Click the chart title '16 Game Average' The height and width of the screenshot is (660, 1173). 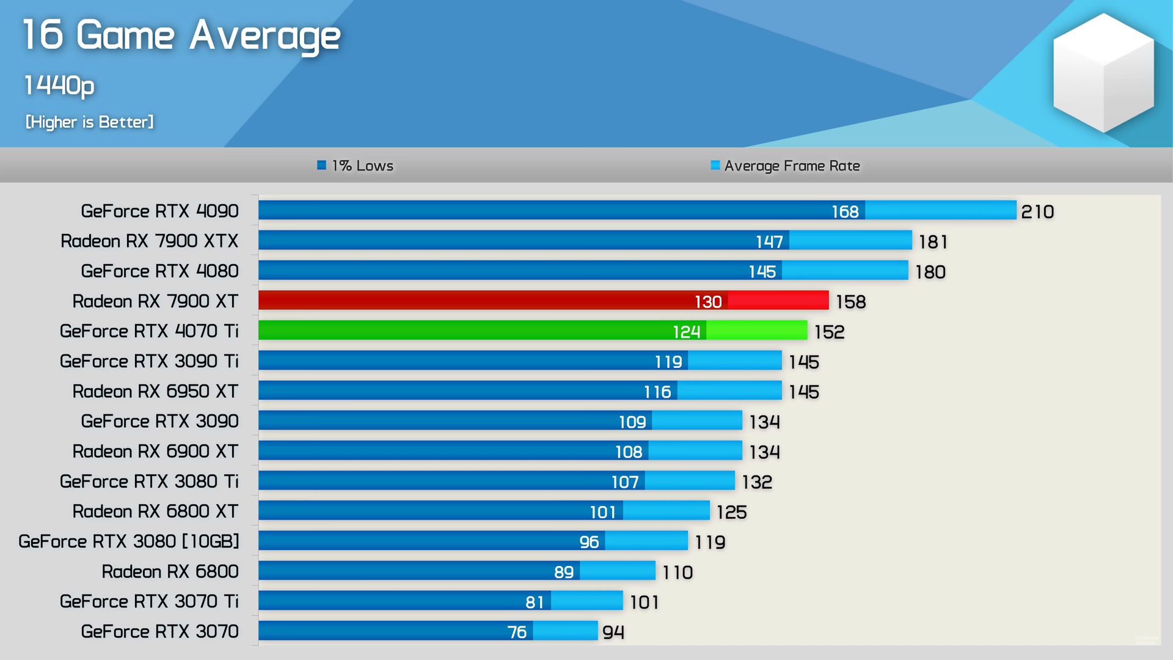click(181, 35)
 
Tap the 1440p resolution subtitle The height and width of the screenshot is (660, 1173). click(59, 85)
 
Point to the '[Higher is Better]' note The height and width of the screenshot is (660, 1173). click(89, 122)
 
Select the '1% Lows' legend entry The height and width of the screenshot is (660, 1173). click(356, 166)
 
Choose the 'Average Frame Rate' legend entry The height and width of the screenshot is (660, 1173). click(786, 166)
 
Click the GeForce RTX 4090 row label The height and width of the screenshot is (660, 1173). click(159, 211)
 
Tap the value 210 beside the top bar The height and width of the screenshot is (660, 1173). click(1037, 211)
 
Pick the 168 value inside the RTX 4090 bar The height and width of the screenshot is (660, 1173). click(845, 211)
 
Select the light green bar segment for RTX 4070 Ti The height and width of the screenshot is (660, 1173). click(756, 331)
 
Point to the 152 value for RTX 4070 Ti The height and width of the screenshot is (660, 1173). click(829, 332)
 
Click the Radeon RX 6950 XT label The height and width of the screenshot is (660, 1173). click(155, 391)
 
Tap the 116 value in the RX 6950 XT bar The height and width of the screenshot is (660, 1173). click(657, 392)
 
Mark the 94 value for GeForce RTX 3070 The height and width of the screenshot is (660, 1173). click(613, 632)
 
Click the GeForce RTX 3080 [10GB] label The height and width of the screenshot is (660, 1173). click(129, 541)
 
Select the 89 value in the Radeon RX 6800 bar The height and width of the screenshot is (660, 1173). click(563, 572)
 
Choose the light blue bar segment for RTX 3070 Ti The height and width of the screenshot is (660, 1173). click(586, 601)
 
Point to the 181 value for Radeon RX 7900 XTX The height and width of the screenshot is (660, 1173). click(933, 242)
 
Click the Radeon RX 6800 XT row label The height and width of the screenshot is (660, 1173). click(155, 512)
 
